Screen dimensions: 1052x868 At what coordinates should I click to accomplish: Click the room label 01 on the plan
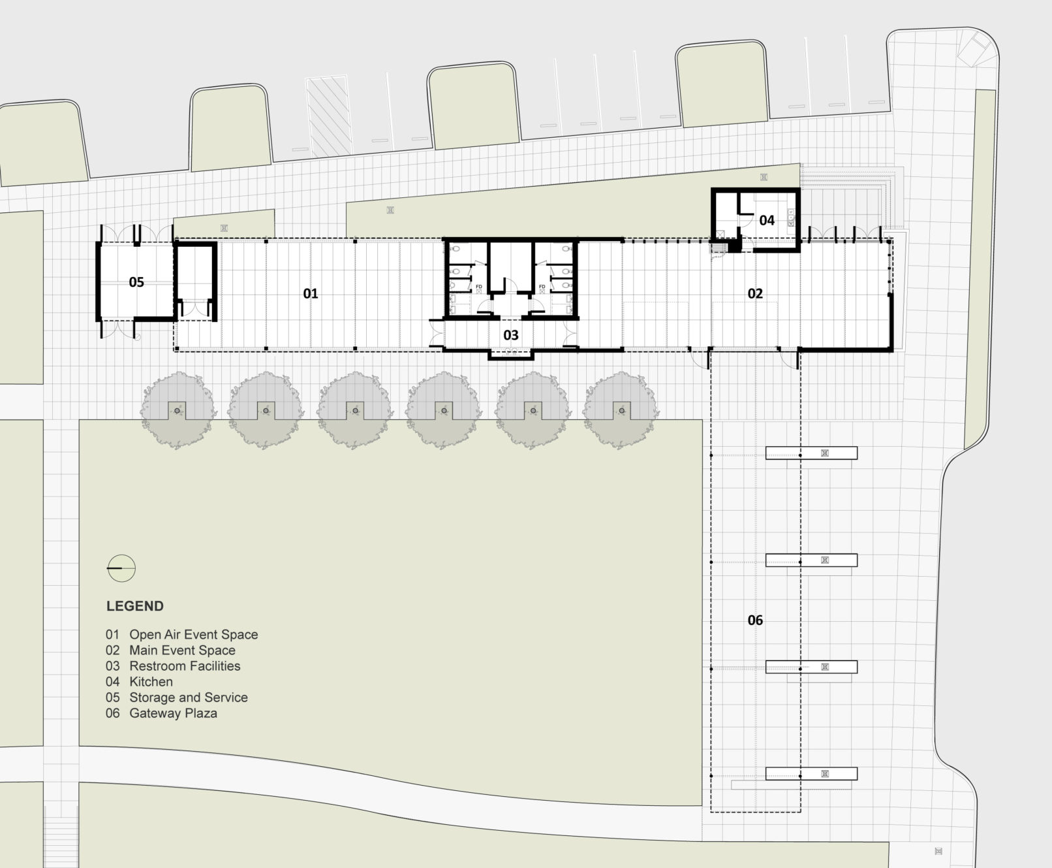[x=311, y=294]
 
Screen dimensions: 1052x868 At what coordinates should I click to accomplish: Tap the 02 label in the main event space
[x=755, y=294]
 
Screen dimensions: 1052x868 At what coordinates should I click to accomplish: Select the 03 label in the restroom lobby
[x=511, y=336]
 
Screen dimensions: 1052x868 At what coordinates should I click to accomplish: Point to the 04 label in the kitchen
[x=767, y=221]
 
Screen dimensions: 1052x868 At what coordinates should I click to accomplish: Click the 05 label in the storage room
[x=136, y=282]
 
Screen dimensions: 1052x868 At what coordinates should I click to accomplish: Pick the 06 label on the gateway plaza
[x=755, y=620]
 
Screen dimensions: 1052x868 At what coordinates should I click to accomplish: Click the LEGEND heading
[x=135, y=606]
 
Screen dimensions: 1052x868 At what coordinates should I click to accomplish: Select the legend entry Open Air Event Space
[x=194, y=635]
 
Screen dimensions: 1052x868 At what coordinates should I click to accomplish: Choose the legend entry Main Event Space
[x=183, y=651]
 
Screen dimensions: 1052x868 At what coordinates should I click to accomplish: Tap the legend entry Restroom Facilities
[x=185, y=666]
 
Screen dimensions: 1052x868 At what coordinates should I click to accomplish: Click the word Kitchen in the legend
[x=151, y=682]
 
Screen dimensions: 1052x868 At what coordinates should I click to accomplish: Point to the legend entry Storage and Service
[x=189, y=698]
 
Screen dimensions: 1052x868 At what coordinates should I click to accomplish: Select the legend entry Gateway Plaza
[x=174, y=713]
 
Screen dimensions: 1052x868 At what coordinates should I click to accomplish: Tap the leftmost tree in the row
[x=178, y=410]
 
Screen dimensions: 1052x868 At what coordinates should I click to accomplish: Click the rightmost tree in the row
[x=621, y=410]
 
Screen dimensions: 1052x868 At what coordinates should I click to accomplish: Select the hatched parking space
[x=329, y=116]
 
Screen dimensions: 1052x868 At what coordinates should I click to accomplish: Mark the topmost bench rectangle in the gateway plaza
[x=811, y=453]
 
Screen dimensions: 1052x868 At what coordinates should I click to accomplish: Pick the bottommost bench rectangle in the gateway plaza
[x=811, y=774]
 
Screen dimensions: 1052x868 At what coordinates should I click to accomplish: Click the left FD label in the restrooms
[x=479, y=287]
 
